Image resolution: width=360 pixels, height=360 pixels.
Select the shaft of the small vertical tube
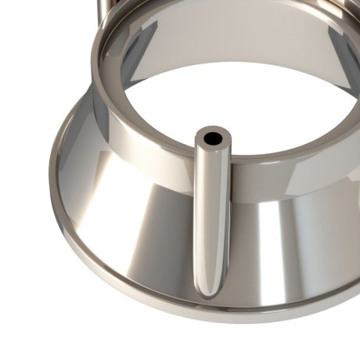(209, 219)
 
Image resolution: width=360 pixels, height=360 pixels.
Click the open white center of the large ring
(235, 102)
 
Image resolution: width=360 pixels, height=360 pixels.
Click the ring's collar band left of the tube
(149, 149)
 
